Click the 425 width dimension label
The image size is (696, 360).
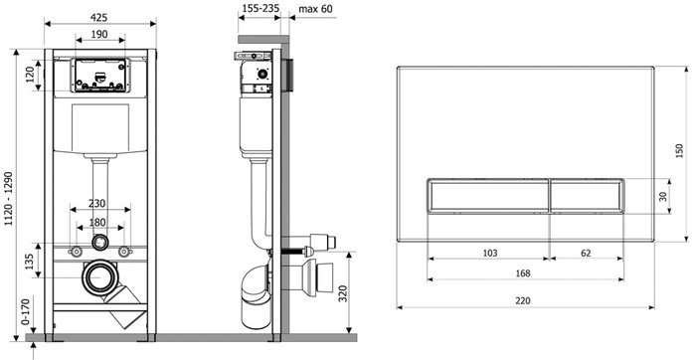(99, 17)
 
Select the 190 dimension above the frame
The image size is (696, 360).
(99, 34)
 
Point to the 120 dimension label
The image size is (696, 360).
(30, 75)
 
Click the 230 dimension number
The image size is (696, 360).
(96, 203)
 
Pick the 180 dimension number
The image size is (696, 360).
(97, 222)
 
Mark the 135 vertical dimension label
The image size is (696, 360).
(29, 262)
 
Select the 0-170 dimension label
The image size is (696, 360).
(25, 312)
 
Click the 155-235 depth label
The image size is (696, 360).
(260, 8)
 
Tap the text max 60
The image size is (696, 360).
(315, 8)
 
